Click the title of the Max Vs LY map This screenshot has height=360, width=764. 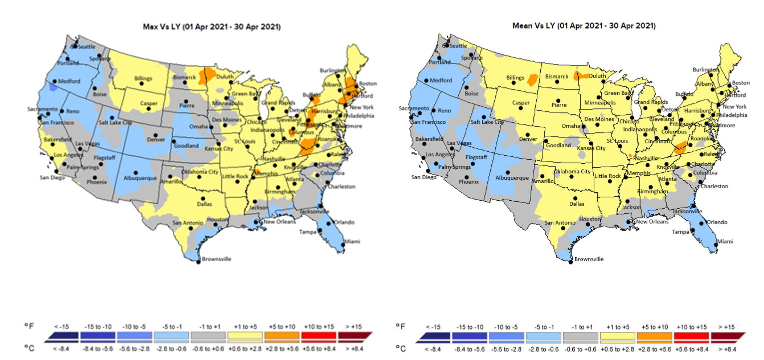click(211, 26)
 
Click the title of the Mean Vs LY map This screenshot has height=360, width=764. click(584, 25)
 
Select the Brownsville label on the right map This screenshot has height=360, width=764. click(589, 259)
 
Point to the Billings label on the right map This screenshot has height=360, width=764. click(515, 77)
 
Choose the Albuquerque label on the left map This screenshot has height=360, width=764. click(141, 178)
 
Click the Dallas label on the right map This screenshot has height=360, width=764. click(577, 204)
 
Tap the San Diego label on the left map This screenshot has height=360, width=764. click(52, 177)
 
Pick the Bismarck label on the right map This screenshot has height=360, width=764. click(557, 76)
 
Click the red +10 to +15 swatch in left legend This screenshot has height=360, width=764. click(318, 336)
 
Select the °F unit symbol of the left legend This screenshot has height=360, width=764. click(28, 326)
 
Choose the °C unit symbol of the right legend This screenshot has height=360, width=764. click(401, 348)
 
